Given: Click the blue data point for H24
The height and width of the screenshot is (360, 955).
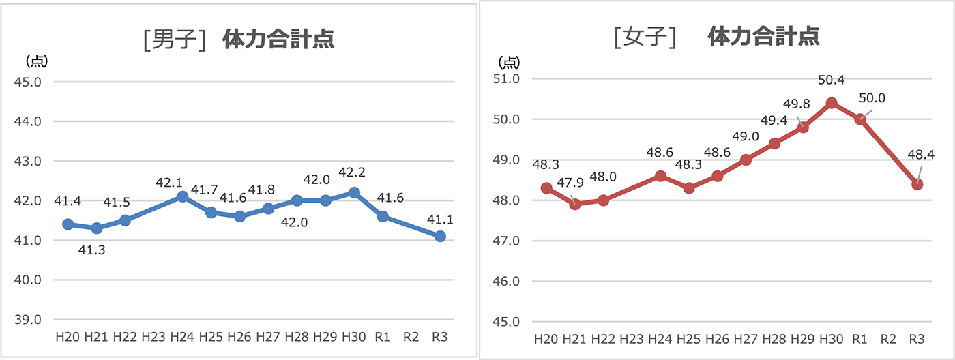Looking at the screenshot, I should (x=182, y=196).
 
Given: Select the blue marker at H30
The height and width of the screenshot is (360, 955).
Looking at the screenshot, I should (x=354, y=192).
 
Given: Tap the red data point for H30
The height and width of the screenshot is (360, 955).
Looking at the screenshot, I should (x=832, y=103).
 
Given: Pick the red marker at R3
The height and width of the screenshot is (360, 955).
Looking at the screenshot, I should (x=917, y=184).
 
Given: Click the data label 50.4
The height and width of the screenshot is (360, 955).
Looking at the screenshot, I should (x=832, y=80).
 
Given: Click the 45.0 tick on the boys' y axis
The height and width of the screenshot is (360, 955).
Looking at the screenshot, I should (x=28, y=82).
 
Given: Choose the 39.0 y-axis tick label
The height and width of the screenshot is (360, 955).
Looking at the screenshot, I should (x=28, y=320).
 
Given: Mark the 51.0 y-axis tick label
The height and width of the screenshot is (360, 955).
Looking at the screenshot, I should (x=506, y=79).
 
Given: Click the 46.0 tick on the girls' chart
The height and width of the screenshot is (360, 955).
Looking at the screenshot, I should (x=506, y=281).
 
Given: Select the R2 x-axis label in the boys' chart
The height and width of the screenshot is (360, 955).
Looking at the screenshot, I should (x=411, y=337).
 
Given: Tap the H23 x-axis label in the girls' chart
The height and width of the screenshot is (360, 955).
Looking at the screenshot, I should (x=632, y=339).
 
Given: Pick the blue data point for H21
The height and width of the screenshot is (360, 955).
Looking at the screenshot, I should (x=96, y=228).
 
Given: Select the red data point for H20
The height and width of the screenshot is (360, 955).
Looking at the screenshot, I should (x=546, y=188).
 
